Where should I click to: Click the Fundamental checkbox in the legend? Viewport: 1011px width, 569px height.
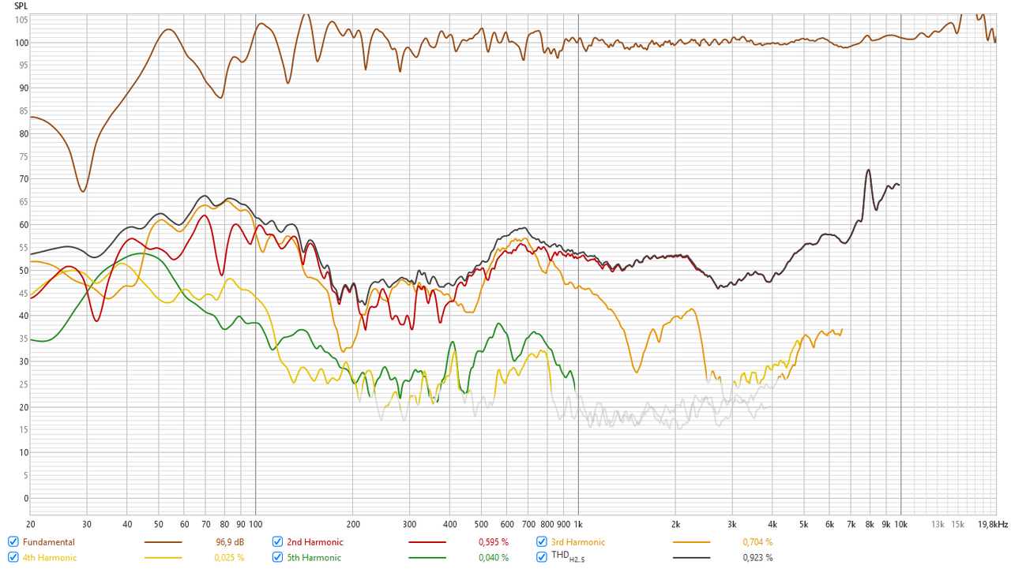[13, 542]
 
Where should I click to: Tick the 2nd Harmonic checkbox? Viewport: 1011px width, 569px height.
[277, 542]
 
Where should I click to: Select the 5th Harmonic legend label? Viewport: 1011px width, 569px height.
[314, 558]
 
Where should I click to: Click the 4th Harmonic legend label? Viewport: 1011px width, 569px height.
[50, 558]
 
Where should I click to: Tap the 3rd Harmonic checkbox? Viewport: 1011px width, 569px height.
[542, 542]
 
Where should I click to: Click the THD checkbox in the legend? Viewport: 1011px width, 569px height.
[542, 557]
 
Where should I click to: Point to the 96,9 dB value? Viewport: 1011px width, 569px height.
[229, 542]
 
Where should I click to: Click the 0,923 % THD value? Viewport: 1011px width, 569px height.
[757, 558]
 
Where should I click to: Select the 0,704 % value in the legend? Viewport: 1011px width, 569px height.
[757, 542]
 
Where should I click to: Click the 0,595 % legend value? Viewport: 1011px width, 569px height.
[494, 542]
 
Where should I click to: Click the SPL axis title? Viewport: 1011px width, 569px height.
[21, 6]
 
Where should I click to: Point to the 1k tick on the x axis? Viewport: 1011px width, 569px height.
[578, 524]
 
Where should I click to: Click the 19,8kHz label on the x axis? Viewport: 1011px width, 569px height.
[993, 524]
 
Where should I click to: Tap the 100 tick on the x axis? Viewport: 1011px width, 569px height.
[255, 524]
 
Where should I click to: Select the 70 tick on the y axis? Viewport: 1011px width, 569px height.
[24, 179]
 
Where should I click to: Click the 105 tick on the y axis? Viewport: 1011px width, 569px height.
[21, 20]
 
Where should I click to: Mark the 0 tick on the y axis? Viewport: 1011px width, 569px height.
[26, 498]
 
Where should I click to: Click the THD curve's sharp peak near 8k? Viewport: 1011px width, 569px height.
[868, 170]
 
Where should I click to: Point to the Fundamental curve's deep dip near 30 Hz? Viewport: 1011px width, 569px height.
[83, 191]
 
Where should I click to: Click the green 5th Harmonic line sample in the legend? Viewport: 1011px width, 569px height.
[427, 558]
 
